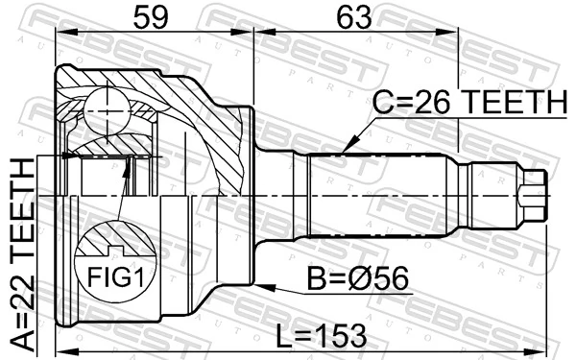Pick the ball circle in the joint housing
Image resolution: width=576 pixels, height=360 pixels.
click(x=105, y=110)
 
